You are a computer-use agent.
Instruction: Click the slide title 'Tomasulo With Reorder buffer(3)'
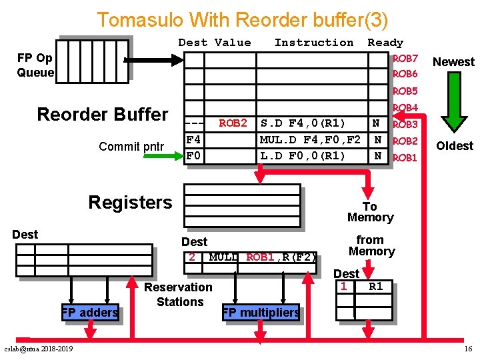(x=242, y=19)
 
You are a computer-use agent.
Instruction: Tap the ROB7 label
(x=405, y=59)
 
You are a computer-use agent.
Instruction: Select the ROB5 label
(x=405, y=91)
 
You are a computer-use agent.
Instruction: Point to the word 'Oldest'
(x=454, y=145)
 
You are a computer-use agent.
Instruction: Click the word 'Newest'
(x=453, y=62)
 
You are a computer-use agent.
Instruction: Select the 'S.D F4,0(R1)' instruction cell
(x=303, y=123)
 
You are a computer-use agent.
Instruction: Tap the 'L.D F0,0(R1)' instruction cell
(x=303, y=156)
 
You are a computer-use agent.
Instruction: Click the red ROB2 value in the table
(x=233, y=123)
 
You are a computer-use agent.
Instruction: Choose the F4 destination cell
(x=193, y=140)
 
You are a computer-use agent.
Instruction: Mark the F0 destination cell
(x=193, y=156)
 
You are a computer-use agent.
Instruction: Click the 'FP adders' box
(x=90, y=312)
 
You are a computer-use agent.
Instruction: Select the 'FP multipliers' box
(x=261, y=312)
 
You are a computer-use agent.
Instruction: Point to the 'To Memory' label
(x=370, y=212)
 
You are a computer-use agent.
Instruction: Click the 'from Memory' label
(x=371, y=245)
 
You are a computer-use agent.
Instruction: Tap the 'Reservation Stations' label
(x=179, y=295)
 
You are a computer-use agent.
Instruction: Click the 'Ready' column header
(x=385, y=43)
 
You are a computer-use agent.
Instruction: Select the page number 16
(x=468, y=349)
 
